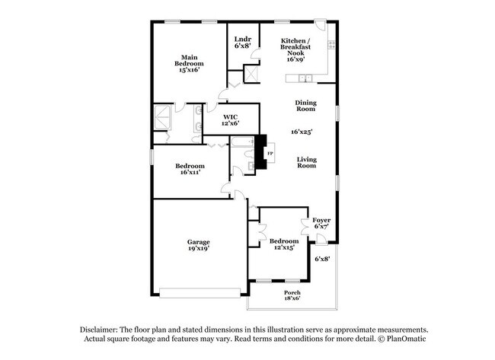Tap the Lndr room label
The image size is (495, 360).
(x=242, y=39)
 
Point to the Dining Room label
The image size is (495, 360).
(x=305, y=106)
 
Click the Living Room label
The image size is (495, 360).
(x=305, y=161)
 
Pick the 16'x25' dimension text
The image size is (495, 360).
(x=302, y=132)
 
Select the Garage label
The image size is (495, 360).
(x=199, y=242)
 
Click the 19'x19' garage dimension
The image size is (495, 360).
(x=199, y=249)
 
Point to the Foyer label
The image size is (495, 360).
(x=321, y=220)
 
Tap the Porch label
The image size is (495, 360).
(x=292, y=292)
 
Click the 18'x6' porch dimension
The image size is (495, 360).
(x=292, y=299)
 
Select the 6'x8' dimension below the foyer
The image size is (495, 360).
(x=322, y=259)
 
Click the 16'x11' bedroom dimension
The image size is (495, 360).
(x=190, y=172)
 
